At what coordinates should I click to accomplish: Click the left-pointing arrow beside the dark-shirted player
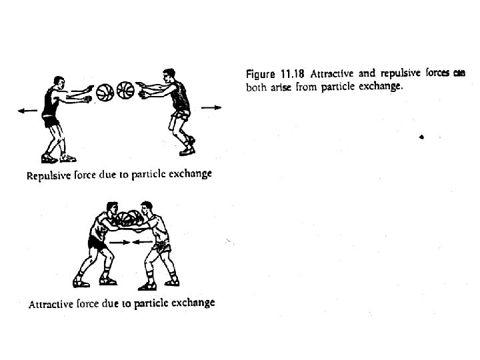27,111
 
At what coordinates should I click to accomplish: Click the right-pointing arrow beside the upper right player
211,107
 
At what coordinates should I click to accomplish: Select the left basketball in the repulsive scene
105,93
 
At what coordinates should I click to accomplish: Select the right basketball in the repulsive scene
125,90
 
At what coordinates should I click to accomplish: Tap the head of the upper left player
59,83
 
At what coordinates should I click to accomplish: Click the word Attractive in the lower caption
51,304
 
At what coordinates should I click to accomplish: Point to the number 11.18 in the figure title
293,74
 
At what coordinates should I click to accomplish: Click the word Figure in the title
261,75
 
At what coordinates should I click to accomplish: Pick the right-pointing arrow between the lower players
120,242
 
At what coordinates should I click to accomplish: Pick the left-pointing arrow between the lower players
143,242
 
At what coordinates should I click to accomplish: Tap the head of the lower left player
113,209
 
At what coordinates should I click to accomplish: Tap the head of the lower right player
146,208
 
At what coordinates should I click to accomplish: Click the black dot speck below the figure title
421,137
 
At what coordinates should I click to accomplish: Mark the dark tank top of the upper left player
50,101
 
